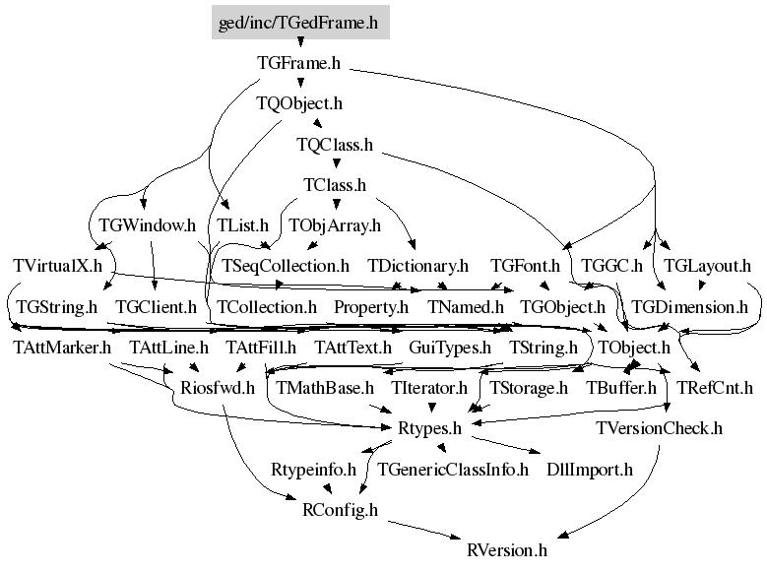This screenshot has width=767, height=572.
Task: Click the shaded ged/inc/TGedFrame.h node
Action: click(x=300, y=23)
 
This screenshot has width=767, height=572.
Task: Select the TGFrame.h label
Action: click(x=299, y=63)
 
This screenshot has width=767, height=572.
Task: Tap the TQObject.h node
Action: click(x=299, y=103)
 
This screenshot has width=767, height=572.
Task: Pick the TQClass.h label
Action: click(x=335, y=145)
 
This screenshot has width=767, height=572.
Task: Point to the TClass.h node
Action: click(x=335, y=185)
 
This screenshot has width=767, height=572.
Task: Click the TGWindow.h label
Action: click(x=148, y=225)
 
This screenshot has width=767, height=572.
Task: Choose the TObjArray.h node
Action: click(x=335, y=225)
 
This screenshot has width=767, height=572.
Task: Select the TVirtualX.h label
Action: click(x=58, y=266)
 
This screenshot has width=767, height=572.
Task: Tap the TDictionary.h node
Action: click(x=418, y=266)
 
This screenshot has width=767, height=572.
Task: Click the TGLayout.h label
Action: click(x=707, y=266)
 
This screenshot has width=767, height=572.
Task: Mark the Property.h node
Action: click(x=371, y=307)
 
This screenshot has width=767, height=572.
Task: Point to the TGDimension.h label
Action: click(x=690, y=307)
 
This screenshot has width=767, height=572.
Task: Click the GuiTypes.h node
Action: click(x=450, y=348)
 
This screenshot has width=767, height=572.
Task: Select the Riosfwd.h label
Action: click(x=218, y=388)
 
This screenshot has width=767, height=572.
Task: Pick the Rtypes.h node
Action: click(x=430, y=428)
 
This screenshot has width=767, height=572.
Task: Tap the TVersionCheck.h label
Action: click(x=660, y=428)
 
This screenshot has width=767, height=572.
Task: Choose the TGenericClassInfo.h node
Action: click(x=453, y=470)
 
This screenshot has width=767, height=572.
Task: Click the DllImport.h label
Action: click(x=590, y=470)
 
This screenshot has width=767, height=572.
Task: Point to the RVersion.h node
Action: click(x=507, y=550)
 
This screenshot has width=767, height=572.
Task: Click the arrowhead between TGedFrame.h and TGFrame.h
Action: click(x=300, y=43)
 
